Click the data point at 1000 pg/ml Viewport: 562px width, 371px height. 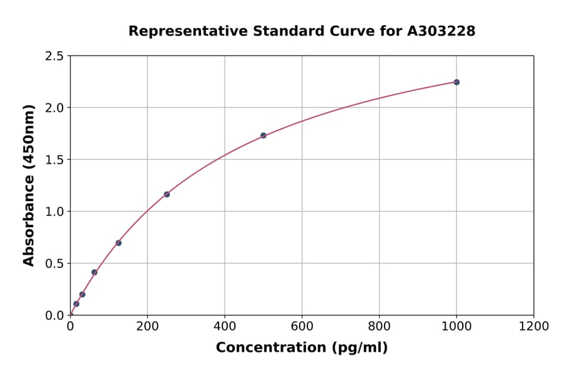[456, 82]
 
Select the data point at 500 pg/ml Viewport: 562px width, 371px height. [264, 136]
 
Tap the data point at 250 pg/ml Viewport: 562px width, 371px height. [167, 194]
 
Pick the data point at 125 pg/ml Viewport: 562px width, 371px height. [119, 243]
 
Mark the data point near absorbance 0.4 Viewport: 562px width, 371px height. [94, 272]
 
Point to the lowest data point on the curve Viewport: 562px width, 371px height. [76, 304]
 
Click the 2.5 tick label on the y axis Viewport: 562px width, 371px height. [55, 56]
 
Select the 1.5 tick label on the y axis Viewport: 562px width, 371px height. [55, 160]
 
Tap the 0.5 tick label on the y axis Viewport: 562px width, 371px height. [55, 264]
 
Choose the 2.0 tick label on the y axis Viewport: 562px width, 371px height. [55, 108]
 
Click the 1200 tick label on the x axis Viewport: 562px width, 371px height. [534, 327]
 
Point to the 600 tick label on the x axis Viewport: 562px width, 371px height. [302, 327]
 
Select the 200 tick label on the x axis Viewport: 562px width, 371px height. [147, 327]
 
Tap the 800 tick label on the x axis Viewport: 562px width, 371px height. [379, 327]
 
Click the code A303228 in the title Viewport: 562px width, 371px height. [441, 31]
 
